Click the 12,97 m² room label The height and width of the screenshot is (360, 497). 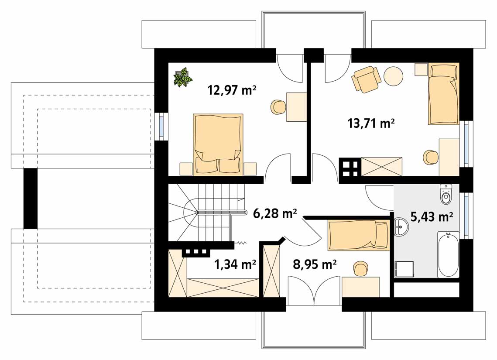click(x=232, y=90)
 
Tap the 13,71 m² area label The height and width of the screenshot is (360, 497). click(x=371, y=123)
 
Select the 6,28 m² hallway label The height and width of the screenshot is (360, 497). click(x=275, y=213)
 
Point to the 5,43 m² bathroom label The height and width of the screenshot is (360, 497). click(x=432, y=217)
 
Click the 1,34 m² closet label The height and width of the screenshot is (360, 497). click(x=235, y=264)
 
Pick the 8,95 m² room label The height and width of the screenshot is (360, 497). click(x=315, y=264)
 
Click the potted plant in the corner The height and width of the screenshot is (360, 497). click(x=182, y=77)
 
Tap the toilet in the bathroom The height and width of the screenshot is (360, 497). click(x=446, y=194)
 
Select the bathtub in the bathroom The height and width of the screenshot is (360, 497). click(x=448, y=254)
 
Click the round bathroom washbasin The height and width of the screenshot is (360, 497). click(x=402, y=226)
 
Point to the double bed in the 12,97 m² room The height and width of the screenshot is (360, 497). click(x=218, y=144)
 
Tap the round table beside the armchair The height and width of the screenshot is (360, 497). click(x=393, y=76)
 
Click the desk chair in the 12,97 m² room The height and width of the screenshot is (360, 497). click(x=279, y=107)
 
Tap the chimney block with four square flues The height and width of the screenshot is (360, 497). click(x=350, y=167)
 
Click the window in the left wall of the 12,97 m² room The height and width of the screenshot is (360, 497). click(x=161, y=126)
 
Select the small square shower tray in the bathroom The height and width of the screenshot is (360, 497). click(x=404, y=269)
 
